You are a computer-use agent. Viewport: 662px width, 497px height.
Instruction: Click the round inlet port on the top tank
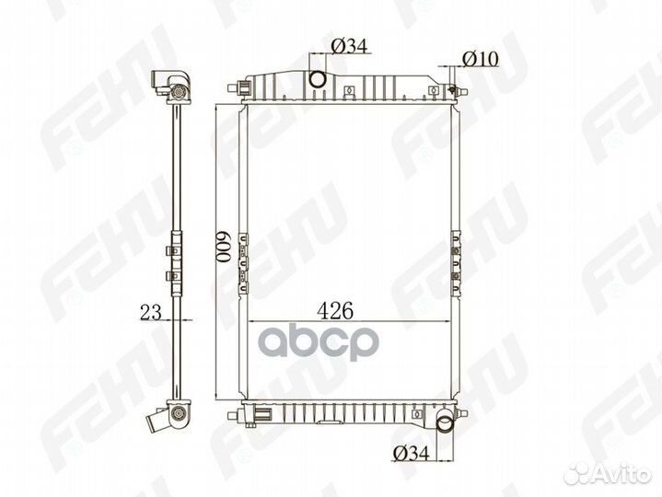pyautogui.click(x=317, y=79)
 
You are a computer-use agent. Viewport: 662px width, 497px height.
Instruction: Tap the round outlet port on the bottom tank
pyautogui.click(x=444, y=426)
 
